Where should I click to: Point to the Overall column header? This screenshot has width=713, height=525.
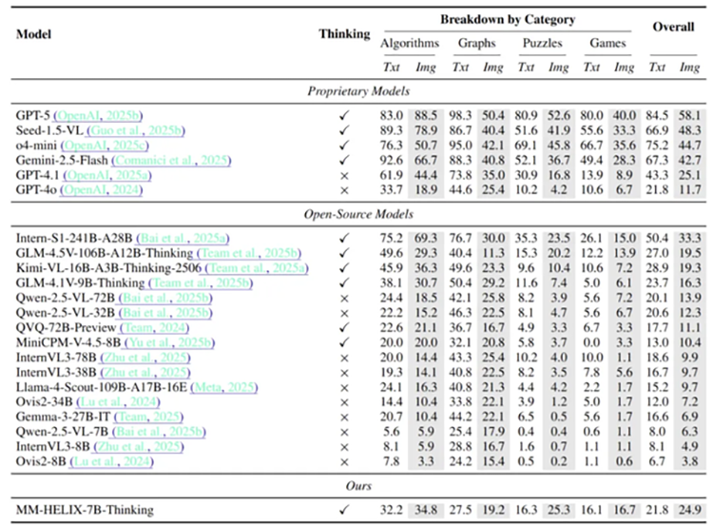[x=673, y=28]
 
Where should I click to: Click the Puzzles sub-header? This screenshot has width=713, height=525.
[x=540, y=43]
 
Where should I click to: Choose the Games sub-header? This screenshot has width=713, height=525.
[x=607, y=43]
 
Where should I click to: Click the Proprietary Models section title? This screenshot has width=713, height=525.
[x=356, y=91]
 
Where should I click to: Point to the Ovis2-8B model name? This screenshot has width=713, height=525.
[x=32, y=461]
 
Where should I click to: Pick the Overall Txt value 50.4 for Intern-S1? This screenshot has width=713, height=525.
[x=657, y=237]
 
